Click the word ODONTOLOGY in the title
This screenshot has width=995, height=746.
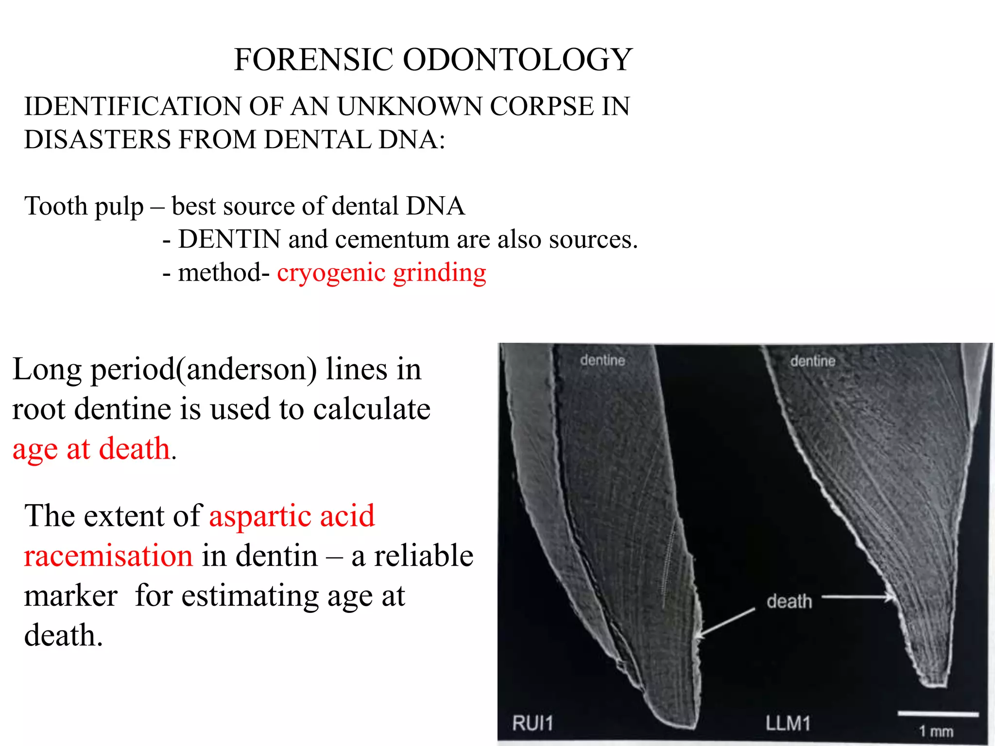point(517,60)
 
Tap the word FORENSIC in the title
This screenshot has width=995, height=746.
point(313,60)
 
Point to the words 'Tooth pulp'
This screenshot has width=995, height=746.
point(84,206)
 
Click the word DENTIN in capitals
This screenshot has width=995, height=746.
point(229,239)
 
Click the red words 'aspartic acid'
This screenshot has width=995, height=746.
point(292,516)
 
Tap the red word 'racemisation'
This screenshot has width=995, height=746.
point(108,556)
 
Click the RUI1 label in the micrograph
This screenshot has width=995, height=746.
point(532,723)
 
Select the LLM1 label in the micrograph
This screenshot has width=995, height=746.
point(788,723)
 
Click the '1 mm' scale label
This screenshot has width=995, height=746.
point(936,731)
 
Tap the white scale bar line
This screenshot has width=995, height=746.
point(938,714)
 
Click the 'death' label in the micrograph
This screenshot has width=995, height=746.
point(789,601)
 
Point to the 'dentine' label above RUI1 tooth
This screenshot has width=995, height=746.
point(602,360)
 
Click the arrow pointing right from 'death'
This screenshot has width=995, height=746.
point(858,597)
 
